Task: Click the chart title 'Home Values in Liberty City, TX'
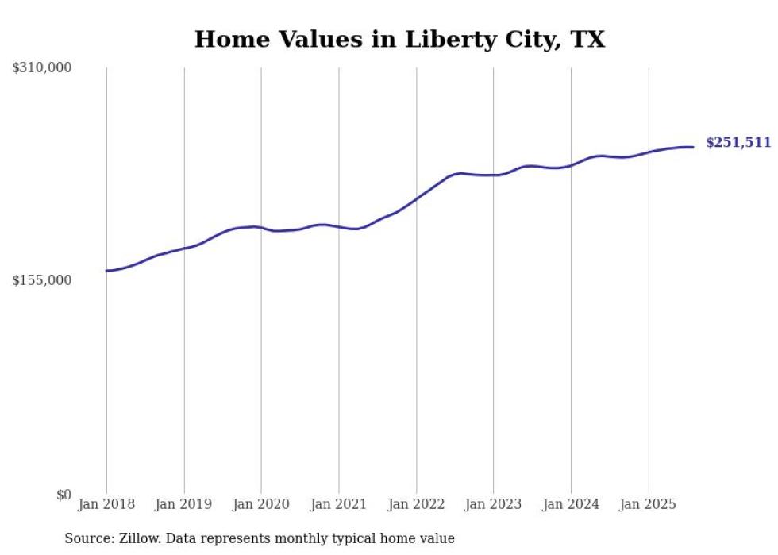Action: tap(399, 40)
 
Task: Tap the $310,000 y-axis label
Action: tap(42, 68)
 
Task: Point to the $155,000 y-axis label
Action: tap(42, 280)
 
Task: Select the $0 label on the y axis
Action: tap(64, 495)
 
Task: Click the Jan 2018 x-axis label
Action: tap(106, 504)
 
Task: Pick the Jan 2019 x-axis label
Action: tap(184, 504)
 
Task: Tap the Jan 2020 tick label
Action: tap(261, 504)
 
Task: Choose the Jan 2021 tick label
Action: tap(339, 504)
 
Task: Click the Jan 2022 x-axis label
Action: tap(416, 504)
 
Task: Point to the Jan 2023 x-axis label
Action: tap(494, 504)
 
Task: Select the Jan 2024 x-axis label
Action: tap(571, 504)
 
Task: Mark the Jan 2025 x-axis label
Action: tap(649, 504)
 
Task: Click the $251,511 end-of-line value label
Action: tap(738, 143)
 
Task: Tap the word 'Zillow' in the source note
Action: tap(135, 539)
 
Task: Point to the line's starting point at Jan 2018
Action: tap(107, 271)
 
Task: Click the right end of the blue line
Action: tap(693, 147)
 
